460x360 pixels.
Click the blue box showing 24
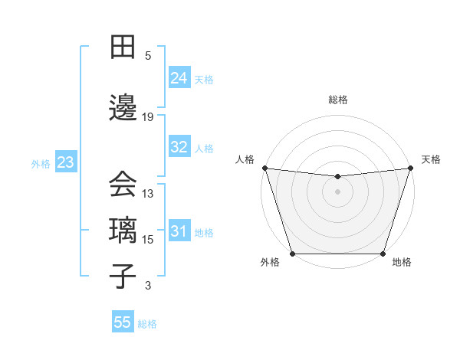pyautogui.click(x=179, y=78)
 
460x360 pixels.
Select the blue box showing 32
pyautogui.click(x=179, y=147)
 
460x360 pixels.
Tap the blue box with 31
pyautogui.click(x=179, y=231)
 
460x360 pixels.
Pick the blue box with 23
pyautogui.click(x=65, y=162)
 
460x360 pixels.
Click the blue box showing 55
pyautogui.click(x=123, y=322)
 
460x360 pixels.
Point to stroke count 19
pyautogui.click(x=149, y=117)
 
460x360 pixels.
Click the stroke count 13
pyautogui.click(x=149, y=194)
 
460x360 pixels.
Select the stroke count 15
pyautogui.click(x=149, y=240)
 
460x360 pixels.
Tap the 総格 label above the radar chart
pyautogui.click(x=337, y=100)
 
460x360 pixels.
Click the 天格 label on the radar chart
pyautogui.click(x=431, y=159)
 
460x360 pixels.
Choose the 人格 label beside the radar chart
pyautogui.click(x=245, y=159)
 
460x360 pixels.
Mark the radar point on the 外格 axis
pyautogui.click(x=292, y=254)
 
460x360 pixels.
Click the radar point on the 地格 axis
pyautogui.click(x=383, y=254)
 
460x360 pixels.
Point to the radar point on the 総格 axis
pyautogui.click(x=337, y=177)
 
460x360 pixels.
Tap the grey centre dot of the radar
pyautogui.click(x=337, y=191)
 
